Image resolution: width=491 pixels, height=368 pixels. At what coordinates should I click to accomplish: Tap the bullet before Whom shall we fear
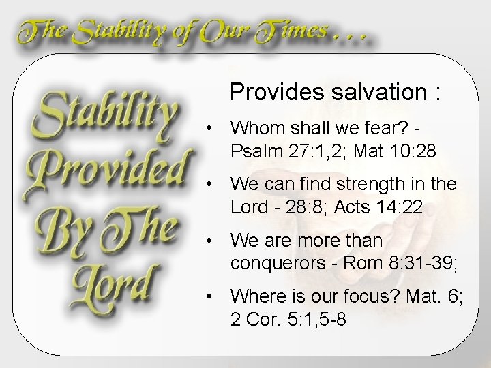coord(213,127)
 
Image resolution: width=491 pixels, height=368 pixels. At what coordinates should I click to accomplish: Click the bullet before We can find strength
coord(213,184)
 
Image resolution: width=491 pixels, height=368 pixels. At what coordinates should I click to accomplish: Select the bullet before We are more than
coord(213,241)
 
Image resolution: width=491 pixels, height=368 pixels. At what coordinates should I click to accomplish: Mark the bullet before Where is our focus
coord(213,297)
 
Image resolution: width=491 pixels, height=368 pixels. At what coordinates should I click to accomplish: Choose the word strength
coord(383,184)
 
